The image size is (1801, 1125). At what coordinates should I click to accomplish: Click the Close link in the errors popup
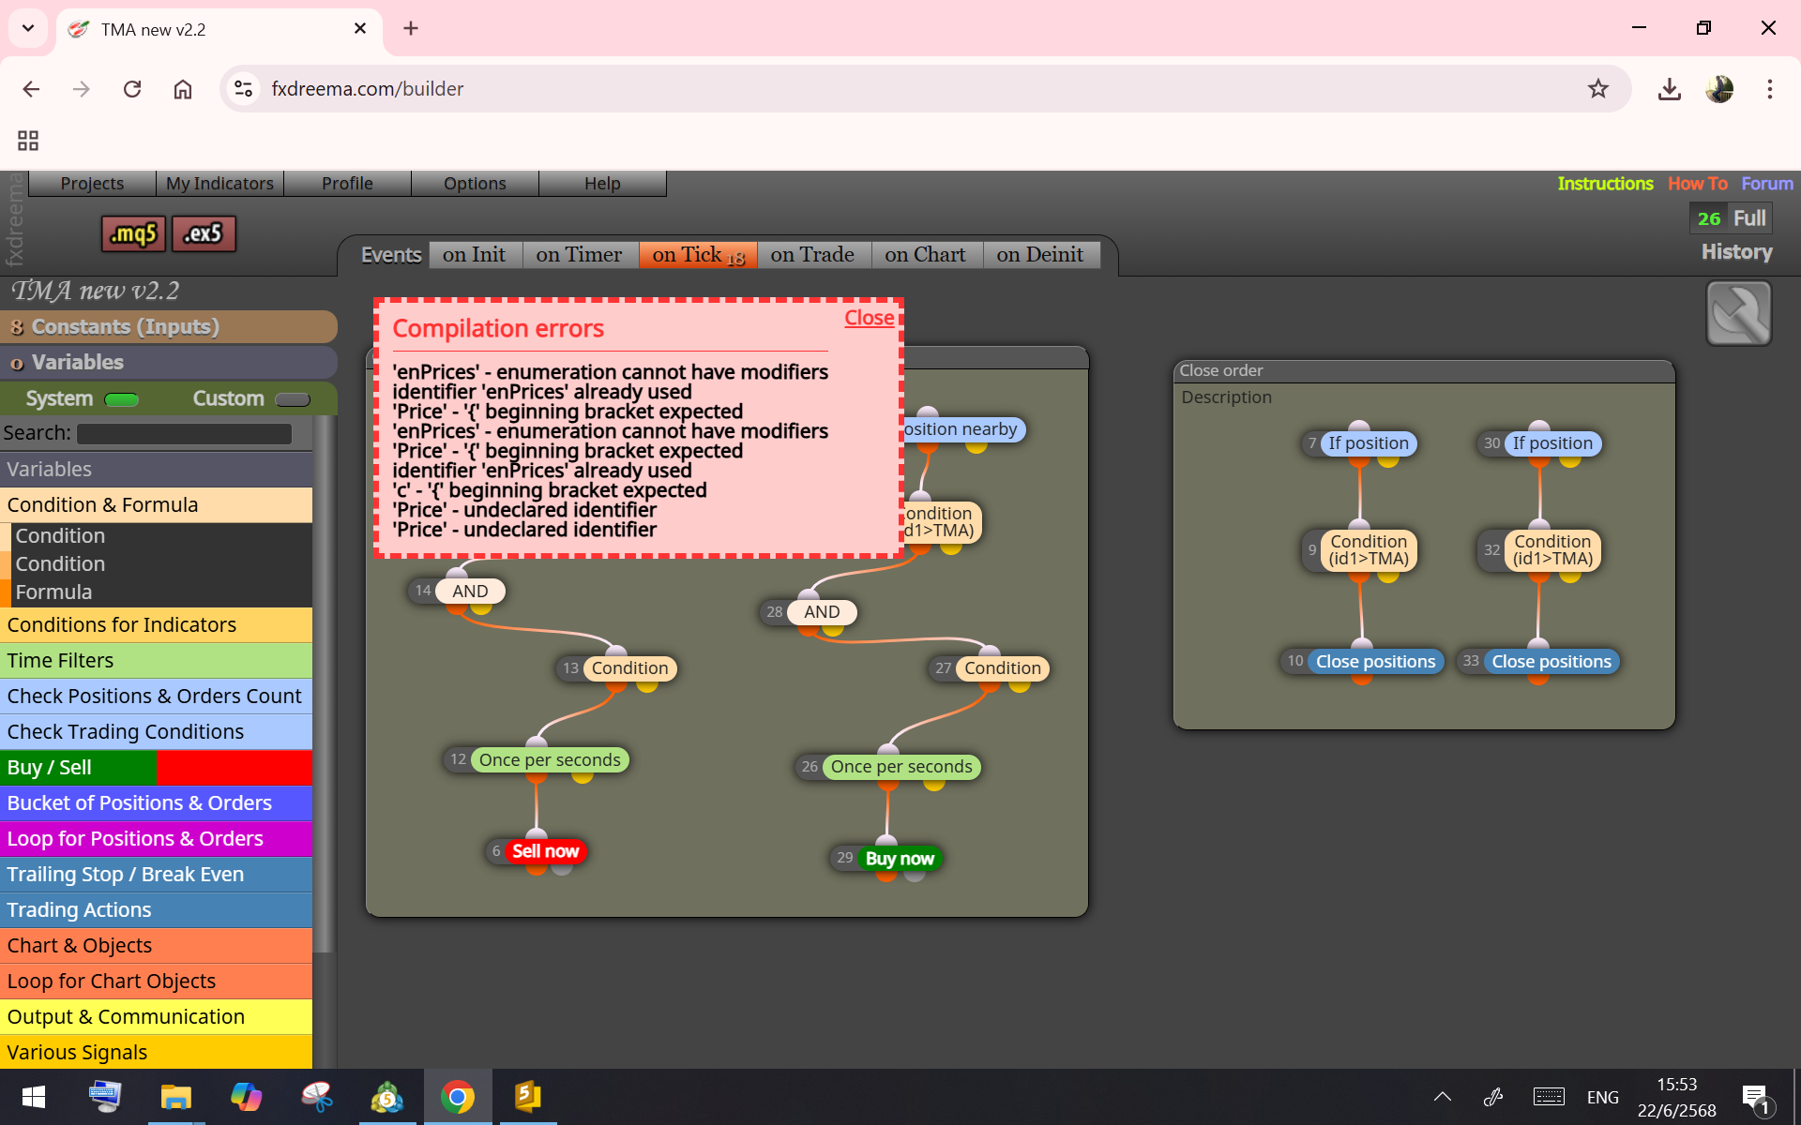click(869, 318)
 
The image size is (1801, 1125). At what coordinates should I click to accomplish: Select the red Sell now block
click(545, 851)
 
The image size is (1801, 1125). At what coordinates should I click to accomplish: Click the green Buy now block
click(900, 859)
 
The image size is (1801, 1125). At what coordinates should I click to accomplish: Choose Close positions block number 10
click(1375, 662)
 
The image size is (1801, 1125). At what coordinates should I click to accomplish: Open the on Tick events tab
click(698, 255)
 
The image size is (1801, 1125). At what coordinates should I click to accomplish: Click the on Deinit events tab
click(1040, 255)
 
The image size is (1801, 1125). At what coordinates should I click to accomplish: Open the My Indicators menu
click(219, 184)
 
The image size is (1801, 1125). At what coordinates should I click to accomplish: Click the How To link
click(1697, 184)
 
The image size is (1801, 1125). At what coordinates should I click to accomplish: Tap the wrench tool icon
click(1738, 313)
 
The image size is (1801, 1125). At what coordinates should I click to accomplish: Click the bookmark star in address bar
click(1598, 89)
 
